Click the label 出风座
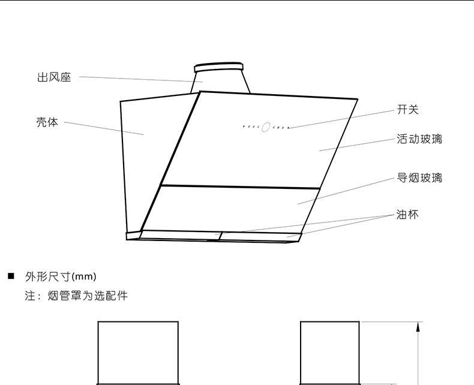54,77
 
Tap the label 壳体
47,122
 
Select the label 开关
407,109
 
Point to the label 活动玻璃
419,139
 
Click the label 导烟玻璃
419,178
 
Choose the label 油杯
407,214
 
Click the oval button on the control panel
266,127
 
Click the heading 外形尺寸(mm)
60,276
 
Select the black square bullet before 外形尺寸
10,276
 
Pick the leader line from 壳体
102,128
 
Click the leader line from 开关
342,119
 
